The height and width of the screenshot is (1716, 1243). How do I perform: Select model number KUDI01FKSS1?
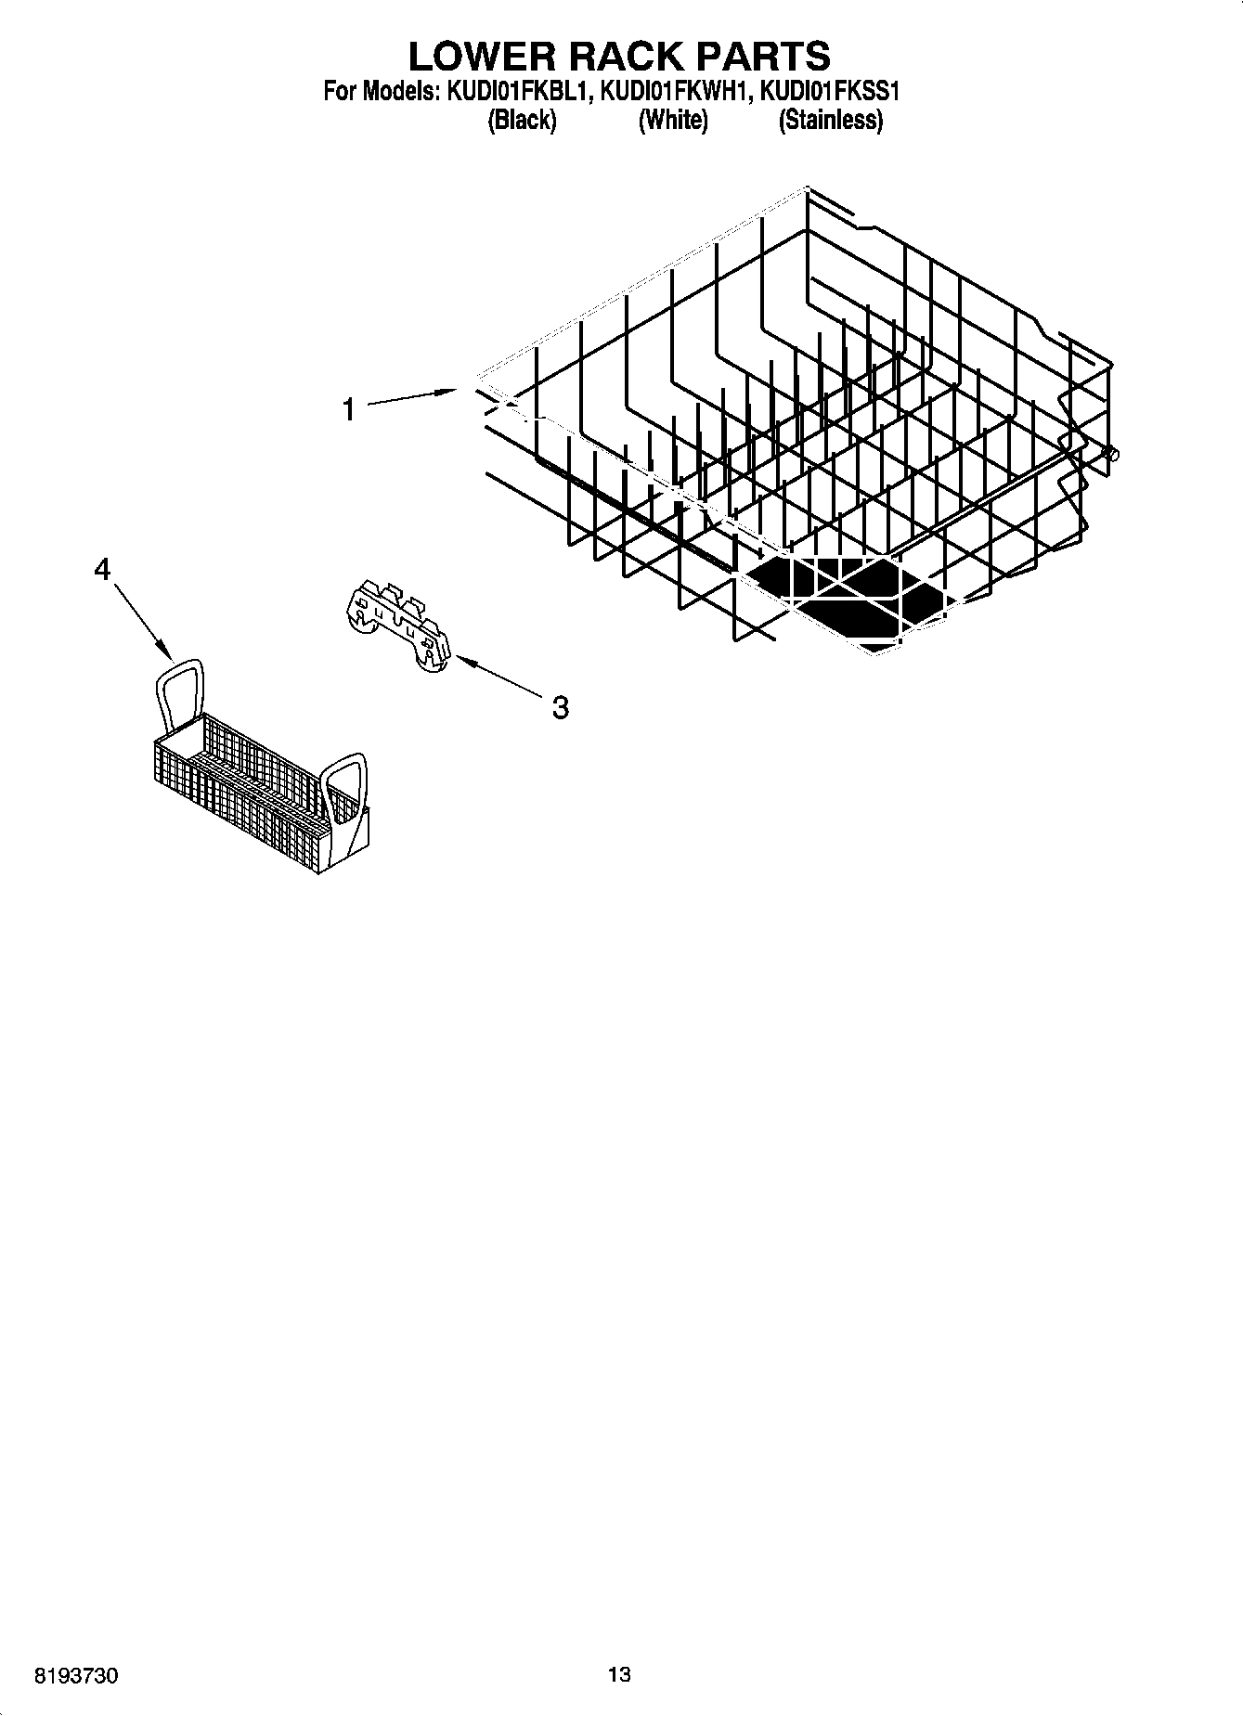pos(830,91)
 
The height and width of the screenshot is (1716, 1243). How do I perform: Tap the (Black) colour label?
pos(522,120)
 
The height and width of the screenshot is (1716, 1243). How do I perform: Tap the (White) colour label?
pos(673,120)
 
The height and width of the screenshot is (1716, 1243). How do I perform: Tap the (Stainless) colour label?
pos(830,120)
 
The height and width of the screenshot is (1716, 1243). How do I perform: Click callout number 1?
pos(349,409)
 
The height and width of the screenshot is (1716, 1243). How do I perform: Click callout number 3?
pos(560,708)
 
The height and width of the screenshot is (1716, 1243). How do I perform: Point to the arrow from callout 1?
pos(413,397)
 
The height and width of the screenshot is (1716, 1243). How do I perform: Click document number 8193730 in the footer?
pos(77,1674)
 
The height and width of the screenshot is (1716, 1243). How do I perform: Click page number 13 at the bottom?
pos(619,1674)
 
